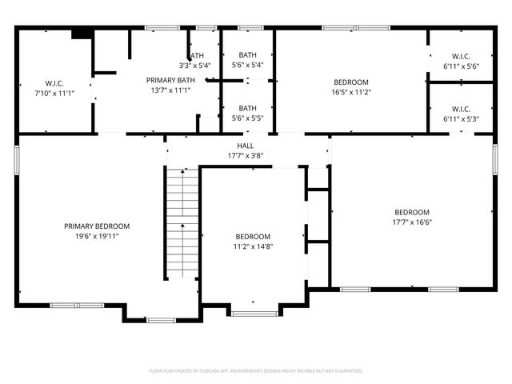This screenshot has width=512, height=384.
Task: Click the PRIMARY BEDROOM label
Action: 97,226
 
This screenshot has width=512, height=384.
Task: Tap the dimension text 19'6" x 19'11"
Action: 97,236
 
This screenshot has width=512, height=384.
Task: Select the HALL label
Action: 246,146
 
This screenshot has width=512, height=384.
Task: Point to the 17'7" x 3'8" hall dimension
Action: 246,155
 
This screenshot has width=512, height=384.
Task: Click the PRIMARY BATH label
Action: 167,80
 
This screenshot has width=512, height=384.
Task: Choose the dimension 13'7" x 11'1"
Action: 167,90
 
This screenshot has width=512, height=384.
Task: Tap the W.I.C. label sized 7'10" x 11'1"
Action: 54,83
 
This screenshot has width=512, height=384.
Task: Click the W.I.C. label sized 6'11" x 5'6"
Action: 461,56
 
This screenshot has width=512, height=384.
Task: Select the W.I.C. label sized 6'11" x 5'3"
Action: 461,109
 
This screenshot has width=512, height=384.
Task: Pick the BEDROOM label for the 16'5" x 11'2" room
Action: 350,82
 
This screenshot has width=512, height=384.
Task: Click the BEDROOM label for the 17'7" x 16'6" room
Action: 412,212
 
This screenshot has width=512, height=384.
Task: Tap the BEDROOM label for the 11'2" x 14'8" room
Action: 253,237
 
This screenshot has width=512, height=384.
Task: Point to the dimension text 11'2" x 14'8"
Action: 253,246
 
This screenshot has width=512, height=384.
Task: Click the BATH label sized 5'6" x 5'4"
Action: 247,55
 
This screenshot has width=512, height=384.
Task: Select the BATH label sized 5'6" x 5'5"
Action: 247,108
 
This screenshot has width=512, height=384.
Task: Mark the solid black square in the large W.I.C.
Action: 80,34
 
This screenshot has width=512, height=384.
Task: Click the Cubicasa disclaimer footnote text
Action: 256,370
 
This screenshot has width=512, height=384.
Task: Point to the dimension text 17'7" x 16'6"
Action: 412,222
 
